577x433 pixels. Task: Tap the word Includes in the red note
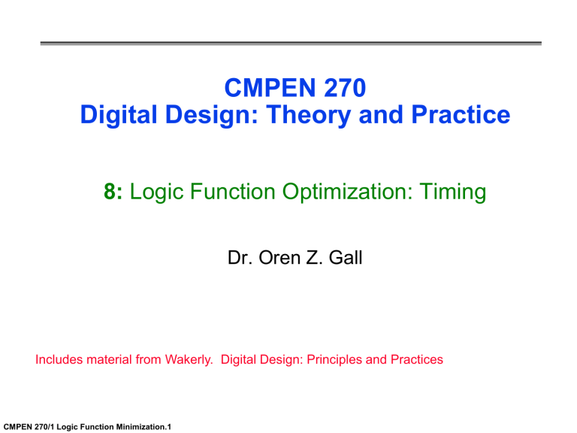(59, 360)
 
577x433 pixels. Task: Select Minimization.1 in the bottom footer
(143, 426)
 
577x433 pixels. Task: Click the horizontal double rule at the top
(288, 43)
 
